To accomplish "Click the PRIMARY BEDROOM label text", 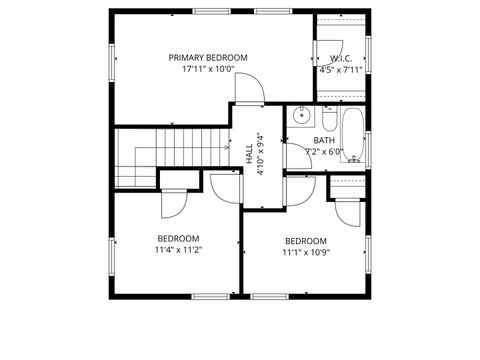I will click(x=208, y=58).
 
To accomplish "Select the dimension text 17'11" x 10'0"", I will click(x=208, y=70).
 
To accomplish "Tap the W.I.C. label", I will click(x=331, y=58).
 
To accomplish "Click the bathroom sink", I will click(x=299, y=116).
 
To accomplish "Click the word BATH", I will click(x=324, y=141).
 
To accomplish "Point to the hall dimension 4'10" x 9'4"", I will click(x=260, y=154).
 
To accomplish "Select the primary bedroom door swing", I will click(x=249, y=90).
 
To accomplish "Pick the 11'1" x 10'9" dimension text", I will click(x=305, y=253).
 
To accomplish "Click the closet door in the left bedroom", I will click(x=171, y=203).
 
